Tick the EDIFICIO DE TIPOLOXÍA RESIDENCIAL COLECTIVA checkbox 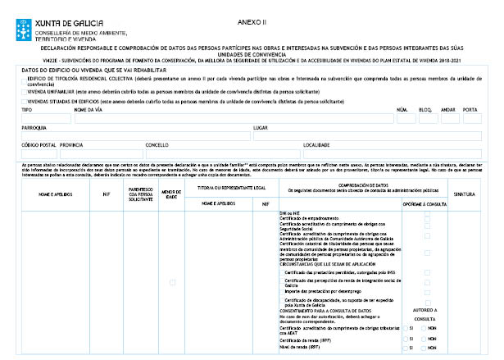[23, 79]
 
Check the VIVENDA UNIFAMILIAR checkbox [23, 91]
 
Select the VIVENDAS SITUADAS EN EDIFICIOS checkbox [23, 100]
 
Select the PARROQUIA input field [134, 136]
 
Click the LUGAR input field [369, 136]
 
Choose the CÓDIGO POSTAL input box [38, 153]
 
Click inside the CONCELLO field [221, 153]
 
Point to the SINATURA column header [465, 194]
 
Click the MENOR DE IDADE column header [171, 194]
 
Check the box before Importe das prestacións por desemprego [427, 292]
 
